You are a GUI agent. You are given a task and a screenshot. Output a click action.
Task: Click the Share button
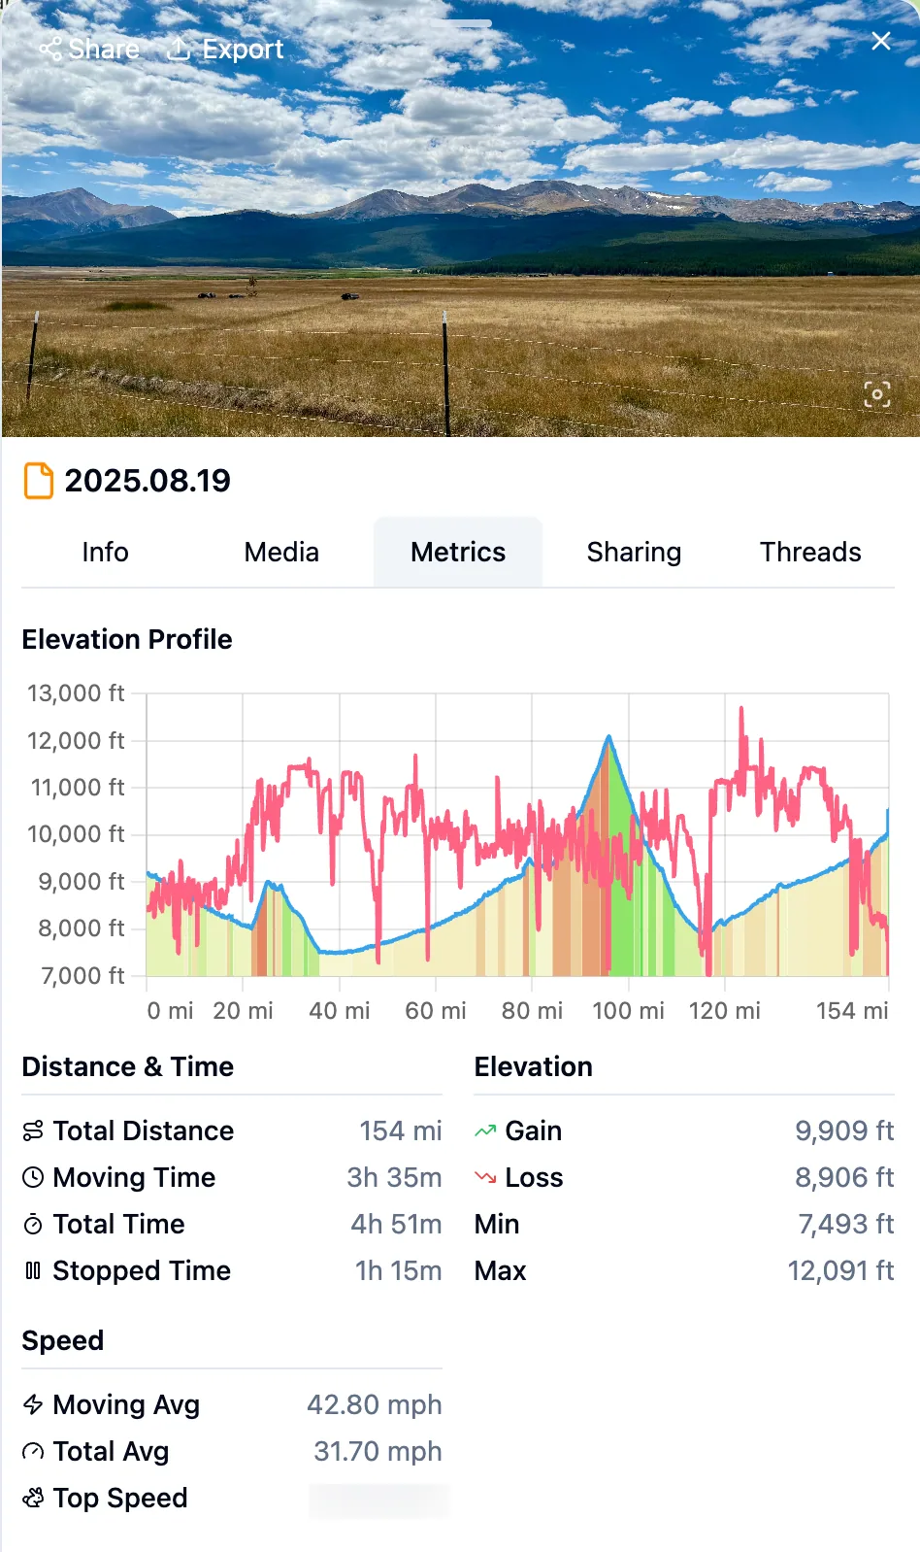(x=89, y=49)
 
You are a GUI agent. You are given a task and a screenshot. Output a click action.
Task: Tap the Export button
(x=225, y=49)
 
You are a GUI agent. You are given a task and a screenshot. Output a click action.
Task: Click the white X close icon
(x=880, y=41)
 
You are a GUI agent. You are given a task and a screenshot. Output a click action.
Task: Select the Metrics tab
(x=458, y=552)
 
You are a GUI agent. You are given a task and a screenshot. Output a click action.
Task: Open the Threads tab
(x=810, y=552)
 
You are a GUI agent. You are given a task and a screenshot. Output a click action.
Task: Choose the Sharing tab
(x=634, y=552)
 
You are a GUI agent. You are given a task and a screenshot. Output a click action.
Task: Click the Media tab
(x=281, y=552)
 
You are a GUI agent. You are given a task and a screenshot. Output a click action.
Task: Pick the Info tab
(x=105, y=552)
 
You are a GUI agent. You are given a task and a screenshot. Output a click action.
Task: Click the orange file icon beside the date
(x=38, y=481)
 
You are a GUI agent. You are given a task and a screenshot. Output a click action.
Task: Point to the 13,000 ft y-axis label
(x=76, y=693)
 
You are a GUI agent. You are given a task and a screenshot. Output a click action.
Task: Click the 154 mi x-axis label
(x=851, y=1011)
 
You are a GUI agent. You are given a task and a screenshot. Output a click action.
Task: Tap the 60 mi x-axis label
(x=435, y=1011)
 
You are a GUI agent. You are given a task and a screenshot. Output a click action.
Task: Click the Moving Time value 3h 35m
(x=394, y=1177)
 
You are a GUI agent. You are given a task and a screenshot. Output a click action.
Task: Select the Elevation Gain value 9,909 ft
(x=844, y=1130)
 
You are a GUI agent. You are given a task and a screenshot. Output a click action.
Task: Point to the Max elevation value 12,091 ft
(x=840, y=1270)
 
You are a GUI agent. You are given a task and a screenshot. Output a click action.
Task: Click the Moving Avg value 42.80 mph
(x=375, y=1404)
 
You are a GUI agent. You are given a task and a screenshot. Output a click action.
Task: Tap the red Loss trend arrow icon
(x=485, y=1177)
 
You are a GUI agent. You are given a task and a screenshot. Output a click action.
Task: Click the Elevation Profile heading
(x=127, y=639)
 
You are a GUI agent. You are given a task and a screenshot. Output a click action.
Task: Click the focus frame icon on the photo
(x=876, y=394)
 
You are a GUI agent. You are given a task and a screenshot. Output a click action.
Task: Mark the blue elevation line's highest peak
(x=609, y=737)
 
